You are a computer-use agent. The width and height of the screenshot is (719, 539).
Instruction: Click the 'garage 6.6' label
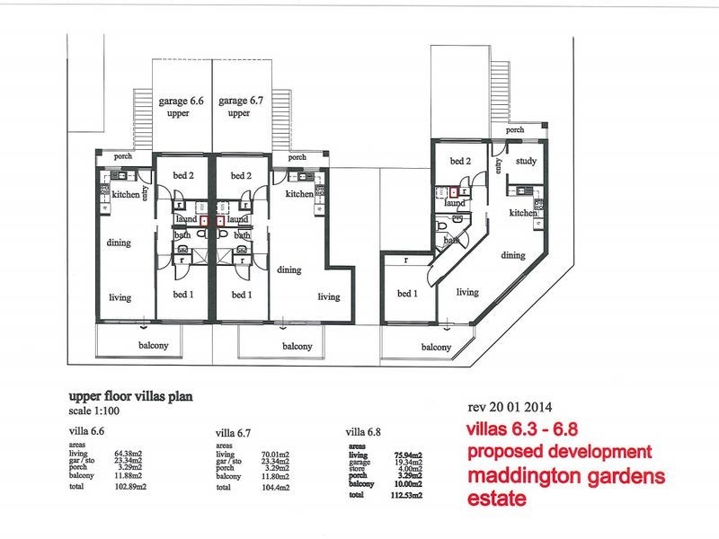point(181,102)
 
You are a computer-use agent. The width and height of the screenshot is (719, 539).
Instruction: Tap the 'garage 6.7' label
point(239,102)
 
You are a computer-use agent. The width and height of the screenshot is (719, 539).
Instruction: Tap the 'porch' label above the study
point(515,130)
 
